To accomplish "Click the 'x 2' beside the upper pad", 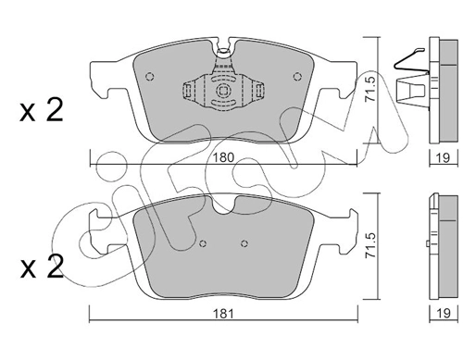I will tap(42, 112).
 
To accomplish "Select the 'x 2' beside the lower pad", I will tap(42, 267).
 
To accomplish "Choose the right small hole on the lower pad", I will tap(243, 243).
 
